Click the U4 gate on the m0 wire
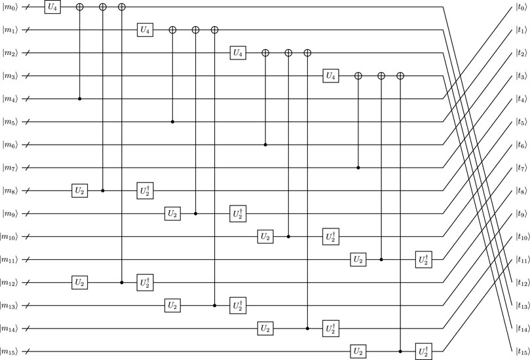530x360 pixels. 52,7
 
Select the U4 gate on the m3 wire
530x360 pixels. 331,76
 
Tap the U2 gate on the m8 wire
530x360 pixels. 80,190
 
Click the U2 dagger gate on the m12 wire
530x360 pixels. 145,283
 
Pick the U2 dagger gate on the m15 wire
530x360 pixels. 423,351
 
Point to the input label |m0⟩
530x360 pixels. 10,7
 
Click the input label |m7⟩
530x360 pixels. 10,168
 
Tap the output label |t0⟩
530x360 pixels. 520,7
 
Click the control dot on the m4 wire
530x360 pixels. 80,99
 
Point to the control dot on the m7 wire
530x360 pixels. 358,168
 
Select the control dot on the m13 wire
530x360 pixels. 215,306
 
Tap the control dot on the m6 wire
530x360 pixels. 265,145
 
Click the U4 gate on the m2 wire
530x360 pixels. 238,53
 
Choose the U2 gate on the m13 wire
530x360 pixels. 173,306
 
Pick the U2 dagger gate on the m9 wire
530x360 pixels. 238,213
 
